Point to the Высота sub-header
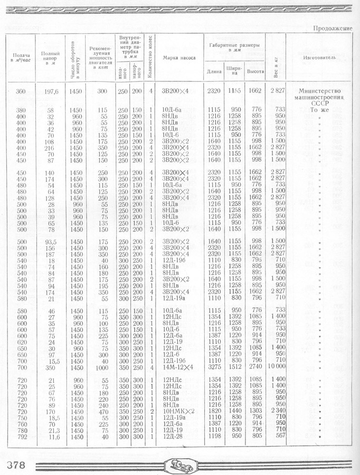pos(255,71)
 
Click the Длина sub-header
pos(214,71)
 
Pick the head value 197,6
pos(51,91)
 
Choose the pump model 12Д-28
pos(174,437)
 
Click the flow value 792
pos(21,437)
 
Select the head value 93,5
pos(51,241)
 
